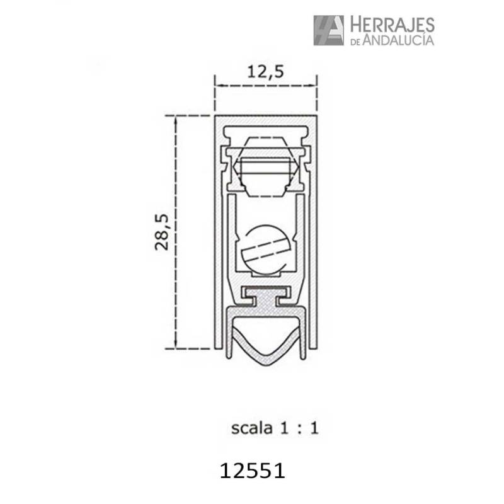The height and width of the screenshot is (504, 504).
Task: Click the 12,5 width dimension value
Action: (265, 71)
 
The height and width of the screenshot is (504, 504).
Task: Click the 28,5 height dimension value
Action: (162, 232)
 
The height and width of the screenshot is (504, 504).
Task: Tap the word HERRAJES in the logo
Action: (392, 25)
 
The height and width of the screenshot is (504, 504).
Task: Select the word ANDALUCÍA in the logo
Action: (398, 40)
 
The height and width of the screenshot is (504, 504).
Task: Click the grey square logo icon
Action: (328, 30)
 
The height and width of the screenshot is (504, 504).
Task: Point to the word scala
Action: (252, 428)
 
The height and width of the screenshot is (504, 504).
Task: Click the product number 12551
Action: (253, 471)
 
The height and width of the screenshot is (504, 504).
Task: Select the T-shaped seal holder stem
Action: (266, 300)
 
